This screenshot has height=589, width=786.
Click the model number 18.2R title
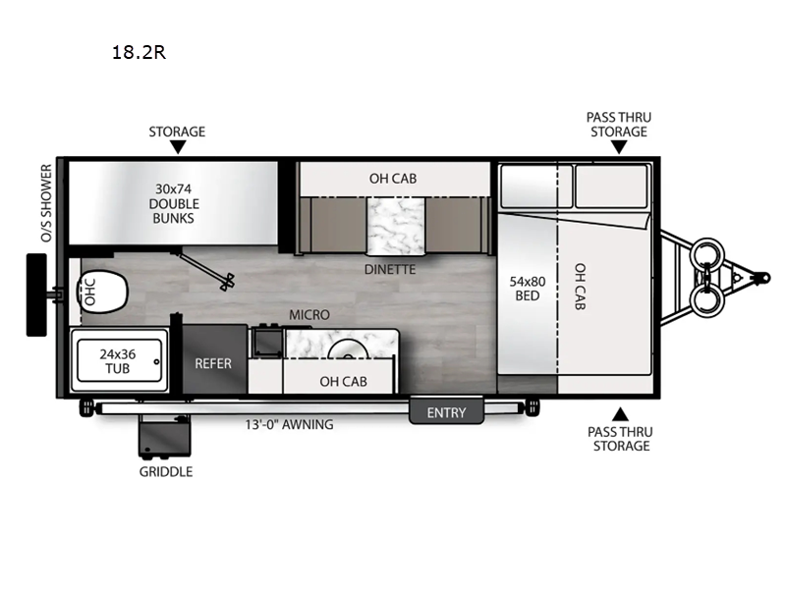tap(139, 52)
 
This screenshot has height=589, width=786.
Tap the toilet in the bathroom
tap(102, 292)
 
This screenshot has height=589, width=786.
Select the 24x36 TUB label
tap(117, 361)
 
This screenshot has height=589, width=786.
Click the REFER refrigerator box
tap(214, 359)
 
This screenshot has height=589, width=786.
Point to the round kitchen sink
tap(349, 349)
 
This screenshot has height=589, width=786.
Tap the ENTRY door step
tap(446, 411)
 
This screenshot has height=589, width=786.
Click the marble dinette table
tap(396, 227)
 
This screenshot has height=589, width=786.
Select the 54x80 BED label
tap(528, 289)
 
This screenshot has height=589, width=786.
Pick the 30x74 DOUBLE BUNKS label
tap(174, 203)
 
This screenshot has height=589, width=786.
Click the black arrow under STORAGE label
tap(178, 146)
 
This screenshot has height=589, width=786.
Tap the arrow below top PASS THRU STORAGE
tap(619, 146)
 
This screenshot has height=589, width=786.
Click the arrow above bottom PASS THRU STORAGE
tap(620, 414)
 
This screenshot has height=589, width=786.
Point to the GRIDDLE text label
tap(166, 472)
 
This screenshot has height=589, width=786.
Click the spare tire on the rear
tap(36, 294)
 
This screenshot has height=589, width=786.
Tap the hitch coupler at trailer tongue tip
tap(763, 277)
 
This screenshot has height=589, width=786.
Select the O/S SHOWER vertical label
tap(46, 203)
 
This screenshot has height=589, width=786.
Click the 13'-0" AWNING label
tap(289, 425)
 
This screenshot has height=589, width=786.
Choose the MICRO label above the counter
tap(309, 315)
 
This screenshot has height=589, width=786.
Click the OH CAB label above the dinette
tap(393, 179)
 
